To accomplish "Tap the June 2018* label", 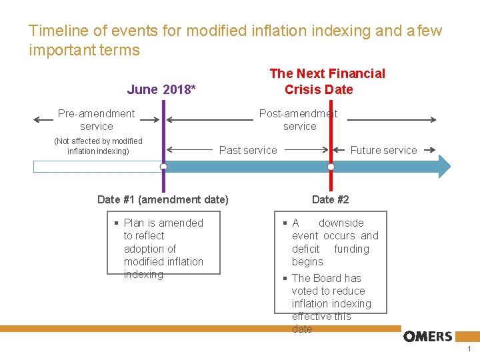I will pos(161,89).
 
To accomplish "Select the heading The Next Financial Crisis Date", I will pos(327,81).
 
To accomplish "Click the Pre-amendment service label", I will pos(96,120).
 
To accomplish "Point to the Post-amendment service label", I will pos(298,120).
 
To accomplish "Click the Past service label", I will pos(248,151).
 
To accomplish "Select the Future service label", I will pos(383,151).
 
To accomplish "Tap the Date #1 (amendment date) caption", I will pos(163,199).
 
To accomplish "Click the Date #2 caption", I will pos(330,199).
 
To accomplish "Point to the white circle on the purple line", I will pos(163,167).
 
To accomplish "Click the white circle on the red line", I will pos(331,167).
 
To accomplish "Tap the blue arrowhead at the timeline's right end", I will pos(444,167).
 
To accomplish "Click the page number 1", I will pos(469,349).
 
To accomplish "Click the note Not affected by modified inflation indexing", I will pos(98,146).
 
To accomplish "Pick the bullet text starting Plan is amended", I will pos(163,248).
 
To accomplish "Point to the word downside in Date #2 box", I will pos(341,223).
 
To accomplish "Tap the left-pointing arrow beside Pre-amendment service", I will pos(43,120).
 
